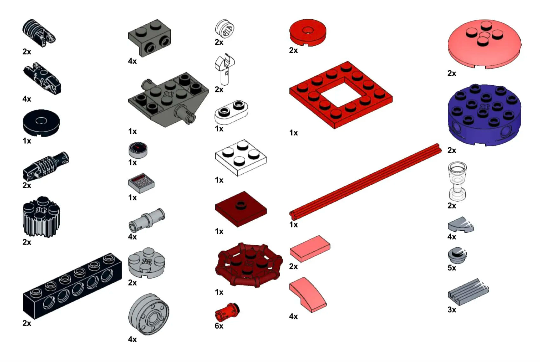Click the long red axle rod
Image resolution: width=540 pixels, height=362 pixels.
(365, 182)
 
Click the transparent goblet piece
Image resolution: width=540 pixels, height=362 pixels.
(457, 181)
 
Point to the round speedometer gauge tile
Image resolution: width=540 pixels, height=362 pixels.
(138, 150)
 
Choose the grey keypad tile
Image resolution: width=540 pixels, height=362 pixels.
(141, 183)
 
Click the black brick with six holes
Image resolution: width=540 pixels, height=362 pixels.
(72, 286)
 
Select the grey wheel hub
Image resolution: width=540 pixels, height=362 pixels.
(149, 314)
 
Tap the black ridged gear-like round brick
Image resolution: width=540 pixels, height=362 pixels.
(41, 217)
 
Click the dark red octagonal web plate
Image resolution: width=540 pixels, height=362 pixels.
(249, 265)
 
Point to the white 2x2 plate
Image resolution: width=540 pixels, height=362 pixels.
(240, 158)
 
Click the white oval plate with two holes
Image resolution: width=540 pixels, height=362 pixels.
(231, 112)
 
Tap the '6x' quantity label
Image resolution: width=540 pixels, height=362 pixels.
(219, 326)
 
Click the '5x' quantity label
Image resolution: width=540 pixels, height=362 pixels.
(452, 268)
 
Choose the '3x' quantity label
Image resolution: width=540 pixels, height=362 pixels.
(452, 310)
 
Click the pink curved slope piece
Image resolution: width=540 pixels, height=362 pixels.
(308, 295)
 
